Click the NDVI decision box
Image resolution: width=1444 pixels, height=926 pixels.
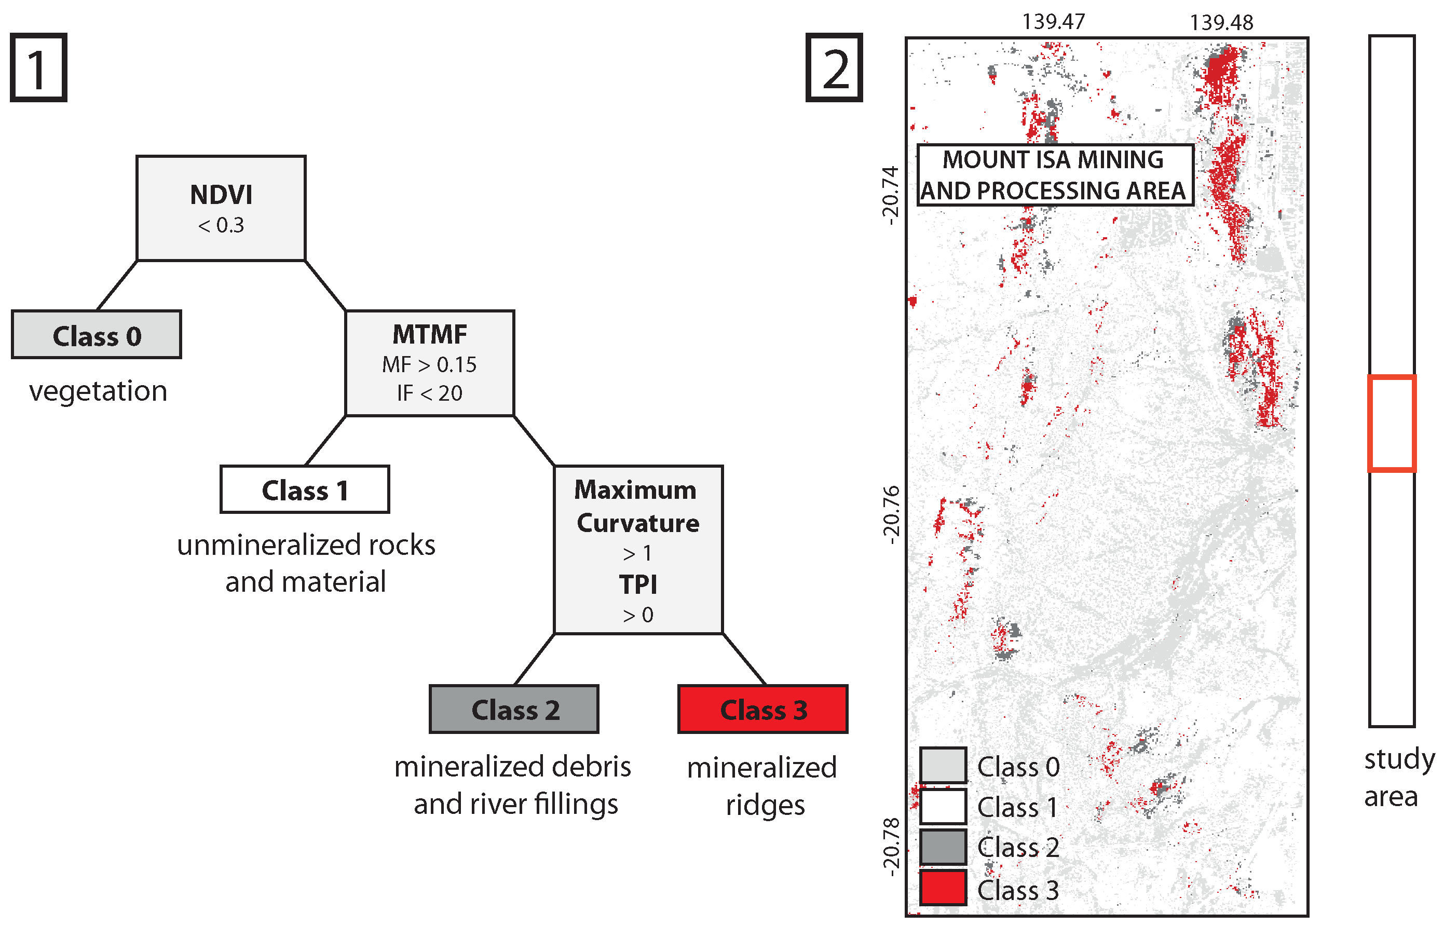pos(221,208)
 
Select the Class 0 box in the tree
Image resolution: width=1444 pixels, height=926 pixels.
pos(96,335)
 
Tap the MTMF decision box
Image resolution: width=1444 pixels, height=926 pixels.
pos(429,363)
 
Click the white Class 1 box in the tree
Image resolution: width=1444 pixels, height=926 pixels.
pos(304,489)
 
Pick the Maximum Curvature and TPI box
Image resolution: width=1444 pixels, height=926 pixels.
pos(638,550)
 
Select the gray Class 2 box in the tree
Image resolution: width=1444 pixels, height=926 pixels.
pos(514,710)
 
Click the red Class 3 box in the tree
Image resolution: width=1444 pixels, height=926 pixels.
pos(762,710)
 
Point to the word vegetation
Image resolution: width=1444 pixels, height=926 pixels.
pos(98,391)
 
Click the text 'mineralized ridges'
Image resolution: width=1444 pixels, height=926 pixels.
pos(762,785)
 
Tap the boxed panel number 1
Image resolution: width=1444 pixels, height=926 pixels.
pos(38,67)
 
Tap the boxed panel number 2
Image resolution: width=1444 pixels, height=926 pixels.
pos(834,67)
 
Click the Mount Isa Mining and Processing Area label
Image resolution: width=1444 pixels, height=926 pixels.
pos(1055,175)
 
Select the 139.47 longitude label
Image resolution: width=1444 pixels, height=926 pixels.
pos(1053,22)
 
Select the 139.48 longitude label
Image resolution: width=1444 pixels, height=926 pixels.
pos(1221,22)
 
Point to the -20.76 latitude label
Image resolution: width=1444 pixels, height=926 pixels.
pos(891,515)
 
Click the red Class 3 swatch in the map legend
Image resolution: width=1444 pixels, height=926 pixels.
pos(943,888)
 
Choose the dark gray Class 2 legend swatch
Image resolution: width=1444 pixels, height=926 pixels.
pos(943,847)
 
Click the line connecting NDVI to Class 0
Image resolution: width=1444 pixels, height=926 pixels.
pos(117,285)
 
